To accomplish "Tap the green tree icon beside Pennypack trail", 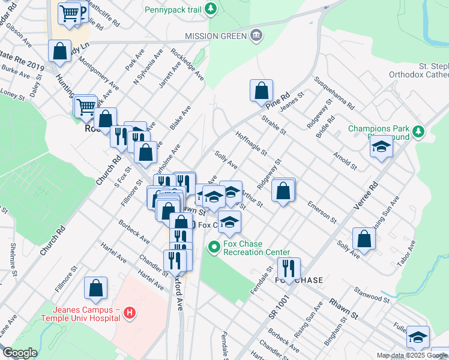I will point(210,8).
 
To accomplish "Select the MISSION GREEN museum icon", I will point(257,35).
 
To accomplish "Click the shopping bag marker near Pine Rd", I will point(262,91).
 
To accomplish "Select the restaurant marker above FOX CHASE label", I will point(289,269).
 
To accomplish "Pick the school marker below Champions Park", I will point(381,148).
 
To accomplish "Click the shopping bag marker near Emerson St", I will point(283,191).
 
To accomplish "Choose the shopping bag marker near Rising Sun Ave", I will point(364,238).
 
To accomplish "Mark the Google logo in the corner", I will point(19,353).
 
